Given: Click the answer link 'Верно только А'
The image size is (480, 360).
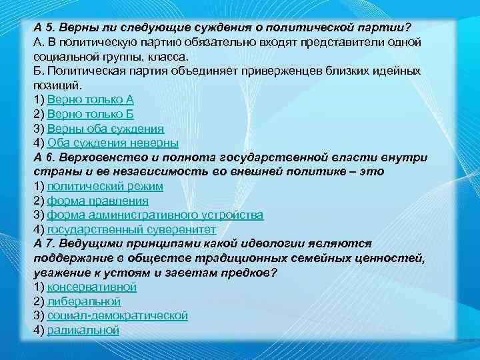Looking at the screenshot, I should point(91,99).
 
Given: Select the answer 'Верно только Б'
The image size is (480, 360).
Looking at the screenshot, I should point(91,114).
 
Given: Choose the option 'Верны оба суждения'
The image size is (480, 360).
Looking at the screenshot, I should point(105,129).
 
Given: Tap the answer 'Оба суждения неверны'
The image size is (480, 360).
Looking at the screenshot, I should point(113,143).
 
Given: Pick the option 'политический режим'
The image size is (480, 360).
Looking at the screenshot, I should point(105,186).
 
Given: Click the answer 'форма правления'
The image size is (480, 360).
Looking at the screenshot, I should point(97,201).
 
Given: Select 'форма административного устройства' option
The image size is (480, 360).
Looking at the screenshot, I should point(155,215).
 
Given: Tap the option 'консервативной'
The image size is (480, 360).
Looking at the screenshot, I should point(91,287).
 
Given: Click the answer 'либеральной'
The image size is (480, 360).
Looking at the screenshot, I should point(83,301).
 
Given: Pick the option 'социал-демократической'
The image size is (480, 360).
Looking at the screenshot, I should point(117,315).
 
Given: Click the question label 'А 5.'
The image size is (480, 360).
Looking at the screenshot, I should point(43,27).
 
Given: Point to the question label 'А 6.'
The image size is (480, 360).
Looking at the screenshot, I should point(43,157).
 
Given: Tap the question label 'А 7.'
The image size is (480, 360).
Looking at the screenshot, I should point(43,243).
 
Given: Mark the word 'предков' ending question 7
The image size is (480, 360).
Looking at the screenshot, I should point(252,273).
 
